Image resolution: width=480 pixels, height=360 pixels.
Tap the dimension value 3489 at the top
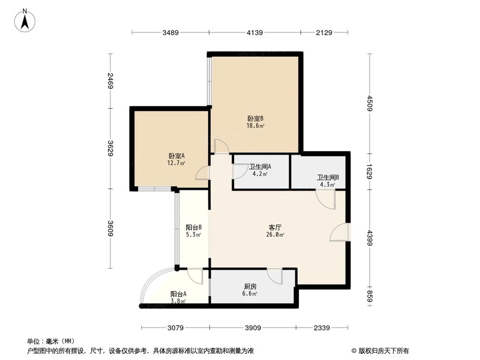click(170, 33)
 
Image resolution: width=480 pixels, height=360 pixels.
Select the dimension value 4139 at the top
click(254, 33)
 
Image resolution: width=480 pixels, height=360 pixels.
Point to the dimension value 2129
click(324, 33)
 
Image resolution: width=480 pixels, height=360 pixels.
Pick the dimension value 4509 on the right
click(369, 104)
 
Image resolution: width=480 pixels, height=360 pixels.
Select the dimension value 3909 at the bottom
click(253, 328)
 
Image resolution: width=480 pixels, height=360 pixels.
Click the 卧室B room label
click(255, 119)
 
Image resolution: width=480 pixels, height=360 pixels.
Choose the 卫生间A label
click(260, 167)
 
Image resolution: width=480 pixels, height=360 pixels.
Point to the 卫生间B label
click(327, 177)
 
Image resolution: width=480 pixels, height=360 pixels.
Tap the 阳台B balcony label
click(193, 228)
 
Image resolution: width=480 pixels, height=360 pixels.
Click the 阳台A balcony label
click(178, 294)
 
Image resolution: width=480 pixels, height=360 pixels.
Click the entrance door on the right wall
click(341, 233)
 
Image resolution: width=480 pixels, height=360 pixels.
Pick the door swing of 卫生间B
click(325, 199)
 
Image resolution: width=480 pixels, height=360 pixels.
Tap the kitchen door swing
click(275, 276)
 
